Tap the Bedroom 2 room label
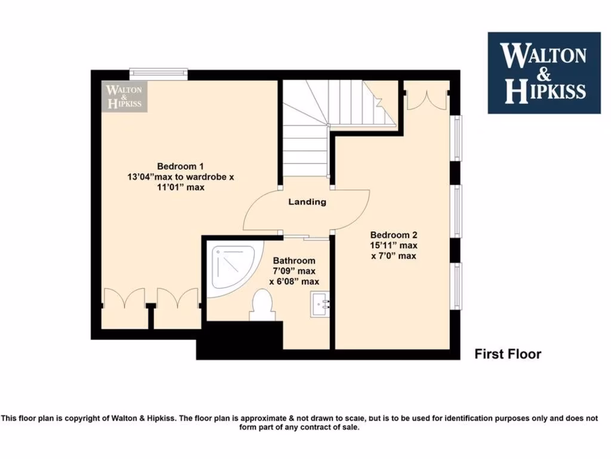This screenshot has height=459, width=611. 392,235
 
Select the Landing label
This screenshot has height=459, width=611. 307,202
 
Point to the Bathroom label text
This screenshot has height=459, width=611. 294,261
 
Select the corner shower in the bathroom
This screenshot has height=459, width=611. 231,269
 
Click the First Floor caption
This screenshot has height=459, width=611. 508,354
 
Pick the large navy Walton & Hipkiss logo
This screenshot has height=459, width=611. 545,73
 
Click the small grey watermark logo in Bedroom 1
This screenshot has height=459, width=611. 124,96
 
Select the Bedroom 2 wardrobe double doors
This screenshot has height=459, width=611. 426,99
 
